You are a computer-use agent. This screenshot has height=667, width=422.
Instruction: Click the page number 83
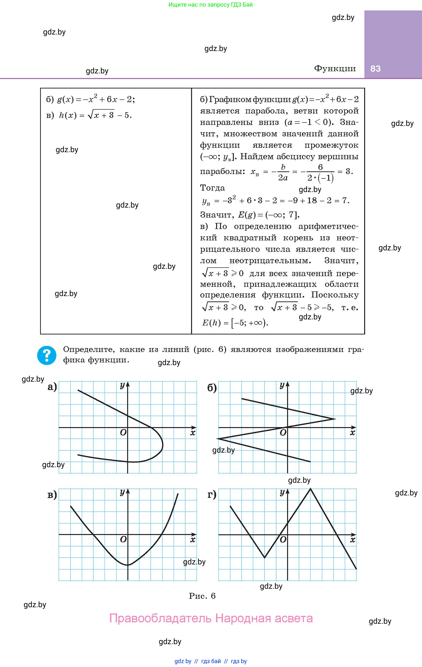pyautogui.click(x=376, y=69)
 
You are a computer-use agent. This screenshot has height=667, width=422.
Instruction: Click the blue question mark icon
pyautogui.click(x=47, y=355)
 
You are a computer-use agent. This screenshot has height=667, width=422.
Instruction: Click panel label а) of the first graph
pyautogui.click(x=52, y=387)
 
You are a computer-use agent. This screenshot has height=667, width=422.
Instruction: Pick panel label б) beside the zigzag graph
pyautogui.click(x=212, y=388)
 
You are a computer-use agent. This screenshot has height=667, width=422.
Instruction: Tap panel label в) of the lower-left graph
pyautogui.click(x=52, y=494)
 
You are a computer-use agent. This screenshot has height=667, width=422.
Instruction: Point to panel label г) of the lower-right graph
pyautogui.click(x=212, y=494)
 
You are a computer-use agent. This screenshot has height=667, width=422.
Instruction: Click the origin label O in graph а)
pyautogui.click(x=123, y=432)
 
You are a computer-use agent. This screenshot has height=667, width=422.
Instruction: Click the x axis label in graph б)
pyautogui.click(x=352, y=433)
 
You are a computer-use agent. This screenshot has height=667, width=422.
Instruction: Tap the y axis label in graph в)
pyautogui.click(x=122, y=492)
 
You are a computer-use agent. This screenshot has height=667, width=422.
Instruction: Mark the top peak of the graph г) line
pyautogui.click(x=310, y=489)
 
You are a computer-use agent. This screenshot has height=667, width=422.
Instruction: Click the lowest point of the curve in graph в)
pyautogui.click(x=128, y=565)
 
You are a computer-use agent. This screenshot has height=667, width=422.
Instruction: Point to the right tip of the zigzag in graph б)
pyautogui.click(x=335, y=419)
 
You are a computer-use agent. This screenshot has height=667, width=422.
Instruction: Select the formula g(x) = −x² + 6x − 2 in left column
pyautogui.click(x=96, y=99)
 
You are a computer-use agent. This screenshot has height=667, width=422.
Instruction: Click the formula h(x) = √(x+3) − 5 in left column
pyautogui.click(x=95, y=115)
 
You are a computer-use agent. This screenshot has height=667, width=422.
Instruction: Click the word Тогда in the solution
pyautogui.click(x=212, y=188)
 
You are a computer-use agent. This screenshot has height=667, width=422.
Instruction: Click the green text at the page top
pyautogui.click(x=211, y=5)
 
